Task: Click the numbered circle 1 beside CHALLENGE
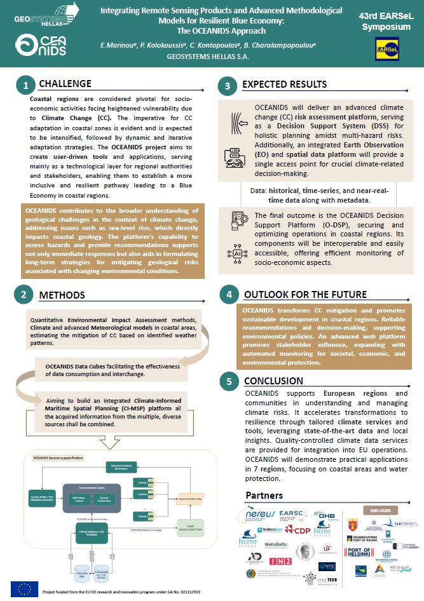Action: (25, 85)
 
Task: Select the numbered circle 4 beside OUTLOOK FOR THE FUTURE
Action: (229, 295)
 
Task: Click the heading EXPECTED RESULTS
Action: (285, 84)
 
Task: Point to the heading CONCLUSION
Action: (273, 381)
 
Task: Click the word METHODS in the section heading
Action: (62, 295)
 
